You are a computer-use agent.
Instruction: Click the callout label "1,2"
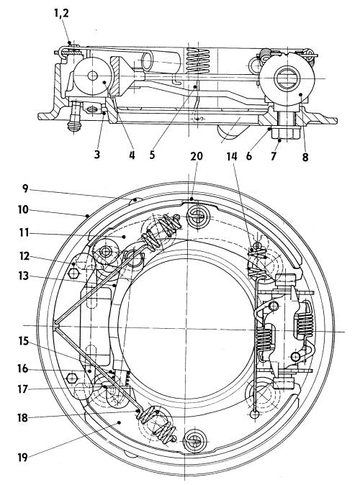coord(61,13)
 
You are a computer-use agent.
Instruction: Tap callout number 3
coord(97,154)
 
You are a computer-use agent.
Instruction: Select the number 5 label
coord(152,155)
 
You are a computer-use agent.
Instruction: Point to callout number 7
coord(273,156)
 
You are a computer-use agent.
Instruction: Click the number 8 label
coord(305,157)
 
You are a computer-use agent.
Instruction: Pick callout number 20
coord(197,156)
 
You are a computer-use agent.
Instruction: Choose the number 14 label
coord(232,156)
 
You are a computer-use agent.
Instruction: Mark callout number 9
coord(25,189)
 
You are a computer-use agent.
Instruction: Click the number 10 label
coord(23,209)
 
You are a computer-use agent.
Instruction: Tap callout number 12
coord(24,256)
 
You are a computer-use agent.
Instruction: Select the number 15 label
coord(24,341)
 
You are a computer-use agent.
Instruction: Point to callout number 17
coord(23,389)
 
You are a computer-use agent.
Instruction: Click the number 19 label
coord(22,457)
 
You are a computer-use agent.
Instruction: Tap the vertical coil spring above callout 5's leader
coord(199,61)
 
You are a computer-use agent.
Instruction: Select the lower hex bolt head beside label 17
coord(72,379)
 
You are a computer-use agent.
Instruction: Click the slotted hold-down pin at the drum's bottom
coord(194,440)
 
